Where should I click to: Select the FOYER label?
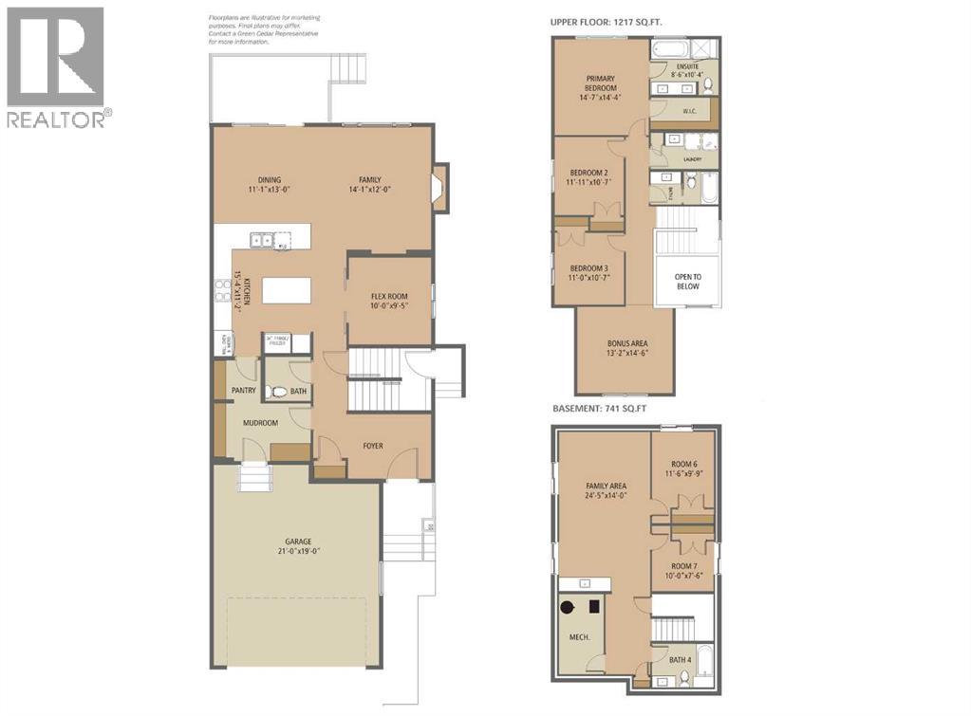coord(373,445)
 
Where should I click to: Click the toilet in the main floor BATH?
coord(278,392)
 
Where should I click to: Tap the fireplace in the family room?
coord(439,186)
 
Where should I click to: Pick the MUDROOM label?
coord(259,423)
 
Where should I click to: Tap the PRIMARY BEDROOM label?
coord(602,87)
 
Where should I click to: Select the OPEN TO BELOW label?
coord(687,281)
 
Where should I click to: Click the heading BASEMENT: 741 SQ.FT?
coord(607,410)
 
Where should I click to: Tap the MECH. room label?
coord(579,637)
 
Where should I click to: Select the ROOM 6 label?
coord(683,468)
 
